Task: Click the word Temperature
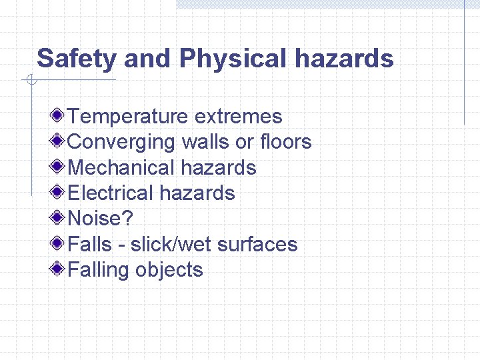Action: pos(127,117)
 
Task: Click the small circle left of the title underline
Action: pos(31,81)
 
